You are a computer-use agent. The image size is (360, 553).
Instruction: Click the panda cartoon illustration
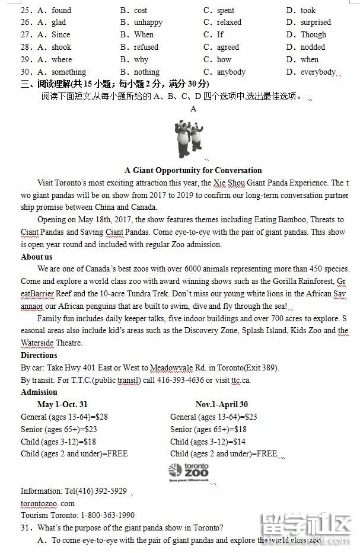189,139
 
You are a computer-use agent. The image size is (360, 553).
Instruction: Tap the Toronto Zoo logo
189,471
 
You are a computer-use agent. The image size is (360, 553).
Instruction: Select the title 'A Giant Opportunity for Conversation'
193,170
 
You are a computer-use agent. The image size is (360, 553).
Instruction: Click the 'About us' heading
37,257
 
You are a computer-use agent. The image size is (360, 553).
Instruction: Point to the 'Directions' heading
39,355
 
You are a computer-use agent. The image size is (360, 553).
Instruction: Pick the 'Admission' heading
39,392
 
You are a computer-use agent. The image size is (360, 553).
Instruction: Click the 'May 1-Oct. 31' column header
62,404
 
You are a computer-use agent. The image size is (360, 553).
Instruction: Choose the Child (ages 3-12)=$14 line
208,442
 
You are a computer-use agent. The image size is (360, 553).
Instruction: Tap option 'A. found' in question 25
54,10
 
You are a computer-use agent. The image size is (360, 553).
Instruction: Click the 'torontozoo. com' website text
47,503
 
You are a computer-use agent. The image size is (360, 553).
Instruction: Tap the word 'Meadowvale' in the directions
173,367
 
